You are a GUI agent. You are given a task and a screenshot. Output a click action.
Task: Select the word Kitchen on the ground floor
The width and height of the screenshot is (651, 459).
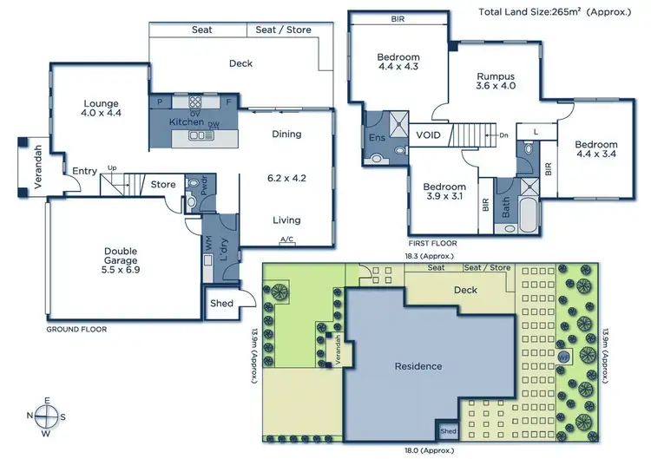[186, 122]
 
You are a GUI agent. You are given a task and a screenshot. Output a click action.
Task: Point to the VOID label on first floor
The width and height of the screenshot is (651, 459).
[429, 135]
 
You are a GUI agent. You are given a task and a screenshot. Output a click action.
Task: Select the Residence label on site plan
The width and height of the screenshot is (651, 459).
[418, 366]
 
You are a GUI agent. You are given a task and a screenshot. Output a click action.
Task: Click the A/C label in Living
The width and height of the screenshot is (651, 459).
[286, 239]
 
